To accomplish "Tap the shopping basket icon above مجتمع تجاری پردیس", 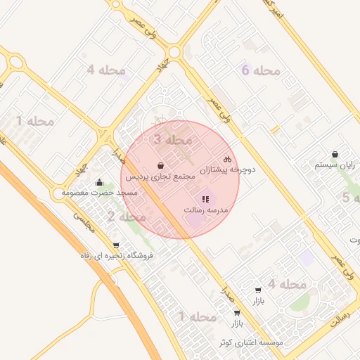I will pyautogui.click(x=162, y=166).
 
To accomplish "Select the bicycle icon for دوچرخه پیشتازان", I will pyautogui.click(x=226, y=160).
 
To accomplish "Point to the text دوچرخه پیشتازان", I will pyautogui.click(x=228, y=170).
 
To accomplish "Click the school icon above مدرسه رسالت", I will pyautogui.click(x=205, y=200).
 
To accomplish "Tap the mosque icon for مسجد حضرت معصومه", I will pyautogui.click(x=99, y=183).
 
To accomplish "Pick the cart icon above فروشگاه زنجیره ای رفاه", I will pyautogui.click(x=116, y=245).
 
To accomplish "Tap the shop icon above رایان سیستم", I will pyautogui.click(x=335, y=155).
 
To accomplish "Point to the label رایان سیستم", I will pyautogui.click(x=335, y=165).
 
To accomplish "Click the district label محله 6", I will pyautogui.click(x=260, y=70).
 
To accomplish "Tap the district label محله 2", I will pyautogui.click(x=127, y=217).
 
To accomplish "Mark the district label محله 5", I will pyautogui.click(x=346, y=198).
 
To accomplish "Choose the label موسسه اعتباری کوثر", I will pyautogui.click(x=250, y=342).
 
